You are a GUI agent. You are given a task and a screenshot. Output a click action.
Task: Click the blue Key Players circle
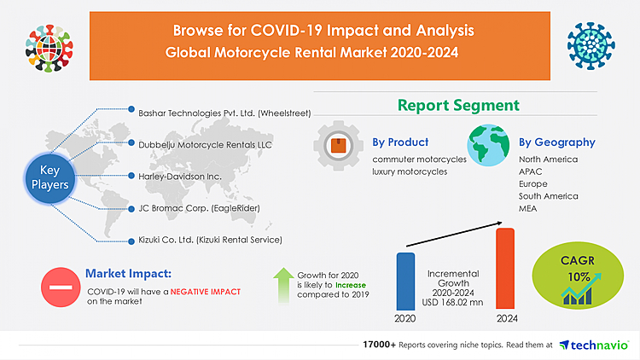click(52, 177)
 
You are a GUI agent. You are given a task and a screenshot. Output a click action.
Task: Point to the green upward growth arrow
click(282, 287)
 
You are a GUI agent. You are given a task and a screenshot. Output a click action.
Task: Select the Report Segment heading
click(457, 106)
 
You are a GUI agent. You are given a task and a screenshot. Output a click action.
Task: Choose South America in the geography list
click(549, 196)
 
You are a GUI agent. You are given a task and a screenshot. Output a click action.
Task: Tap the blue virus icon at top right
click(591, 40)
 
